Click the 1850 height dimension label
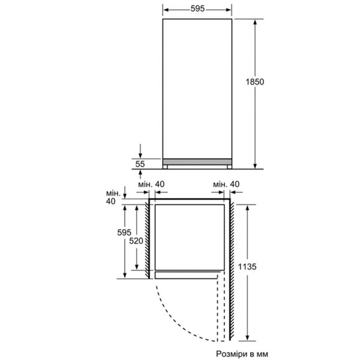255,82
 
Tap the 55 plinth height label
140,164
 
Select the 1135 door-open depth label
247,267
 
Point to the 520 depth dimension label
136,241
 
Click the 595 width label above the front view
197,9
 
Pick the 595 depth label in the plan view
124,233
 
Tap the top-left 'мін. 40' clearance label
151,184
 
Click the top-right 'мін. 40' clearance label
226,184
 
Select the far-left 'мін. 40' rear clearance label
113,197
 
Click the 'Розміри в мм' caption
242,354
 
